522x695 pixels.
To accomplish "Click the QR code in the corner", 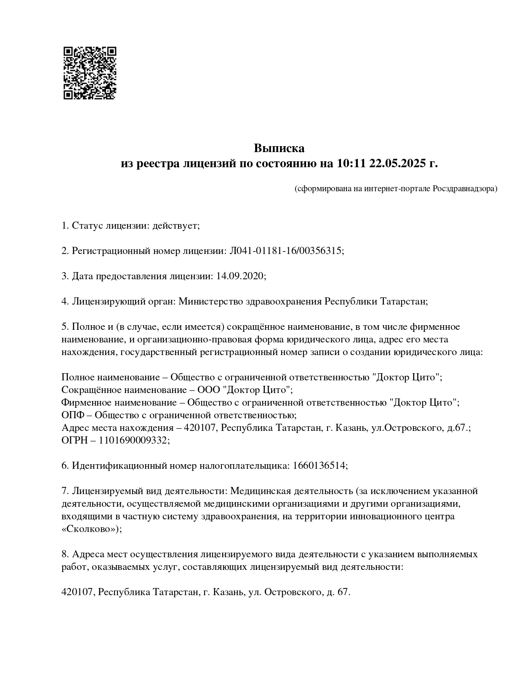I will [x=90, y=73].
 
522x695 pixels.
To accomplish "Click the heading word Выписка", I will [x=279, y=148].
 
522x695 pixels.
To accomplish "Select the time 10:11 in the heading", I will [x=351, y=163].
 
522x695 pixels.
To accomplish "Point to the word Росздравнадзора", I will [x=465, y=189].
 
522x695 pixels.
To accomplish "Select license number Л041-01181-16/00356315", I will [x=285, y=251].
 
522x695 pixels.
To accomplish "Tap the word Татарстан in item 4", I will [x=403, y=302].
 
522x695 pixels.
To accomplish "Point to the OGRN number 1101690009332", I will [x=133, y=441].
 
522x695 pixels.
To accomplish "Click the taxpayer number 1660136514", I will [x=319, y=466].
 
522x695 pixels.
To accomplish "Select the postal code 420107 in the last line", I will [x=77, y=592].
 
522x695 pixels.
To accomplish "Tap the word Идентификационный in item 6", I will [x=119, y=466].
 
